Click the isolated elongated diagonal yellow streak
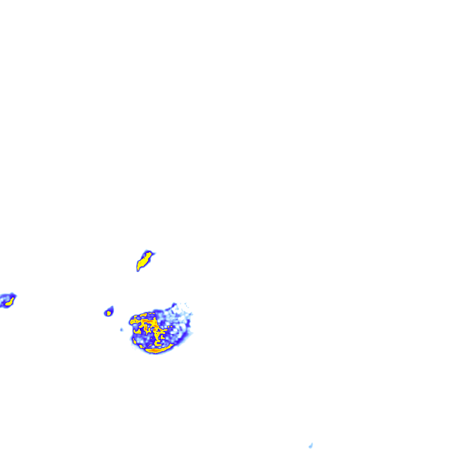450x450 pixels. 143,261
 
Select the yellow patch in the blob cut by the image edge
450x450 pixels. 9,302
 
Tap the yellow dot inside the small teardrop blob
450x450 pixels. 108,313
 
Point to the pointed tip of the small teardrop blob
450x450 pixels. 112,307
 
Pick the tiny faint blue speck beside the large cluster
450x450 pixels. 122,329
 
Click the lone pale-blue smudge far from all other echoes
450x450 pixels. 311,446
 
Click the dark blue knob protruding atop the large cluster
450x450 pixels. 174,305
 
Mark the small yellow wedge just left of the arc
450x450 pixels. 142,346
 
